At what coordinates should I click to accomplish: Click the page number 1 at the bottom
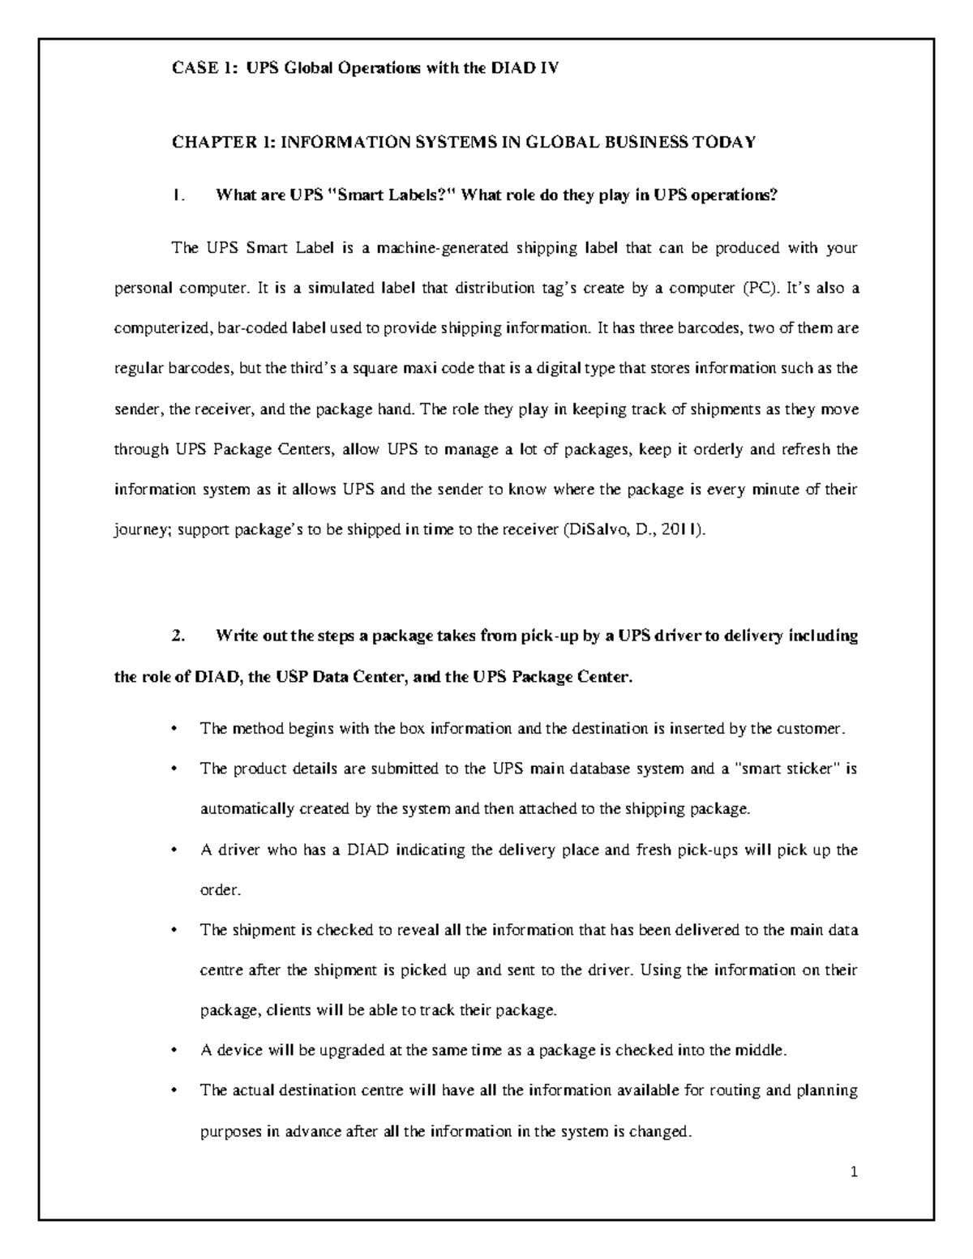click(x=854, y=1171)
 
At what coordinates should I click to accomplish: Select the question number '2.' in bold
click(x=180, y=636)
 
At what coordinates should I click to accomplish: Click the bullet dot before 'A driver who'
click(x=175, y=850)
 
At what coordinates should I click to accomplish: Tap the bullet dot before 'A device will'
click(x=175, y=1051)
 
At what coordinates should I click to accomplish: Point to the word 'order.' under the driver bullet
click(x=221, y=890)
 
